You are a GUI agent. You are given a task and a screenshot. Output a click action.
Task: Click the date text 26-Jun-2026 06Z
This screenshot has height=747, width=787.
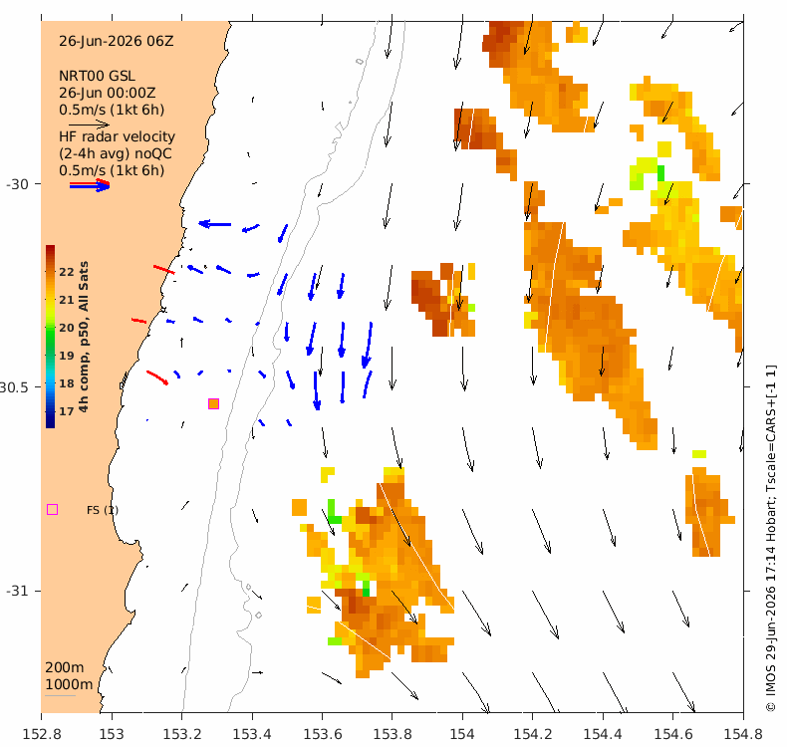coord(116,41)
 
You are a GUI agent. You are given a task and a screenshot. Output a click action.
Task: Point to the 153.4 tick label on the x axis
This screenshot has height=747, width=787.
coord(252,734)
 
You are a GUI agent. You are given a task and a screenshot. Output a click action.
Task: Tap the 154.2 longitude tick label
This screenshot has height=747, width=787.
coord(533,734)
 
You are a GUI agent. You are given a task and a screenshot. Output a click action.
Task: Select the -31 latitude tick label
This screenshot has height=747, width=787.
coord(17,591)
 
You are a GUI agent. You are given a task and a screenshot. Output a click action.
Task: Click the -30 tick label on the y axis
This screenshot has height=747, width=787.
coord(17,184)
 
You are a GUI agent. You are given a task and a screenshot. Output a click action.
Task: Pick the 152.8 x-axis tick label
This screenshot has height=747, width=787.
coord(42,734)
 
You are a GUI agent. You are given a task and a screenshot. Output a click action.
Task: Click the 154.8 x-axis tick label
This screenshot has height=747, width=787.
coord(743,734)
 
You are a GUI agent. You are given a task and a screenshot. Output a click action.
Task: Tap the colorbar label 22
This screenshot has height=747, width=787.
coord(67,272)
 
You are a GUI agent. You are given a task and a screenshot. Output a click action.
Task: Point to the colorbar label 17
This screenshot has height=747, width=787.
coord(67,411)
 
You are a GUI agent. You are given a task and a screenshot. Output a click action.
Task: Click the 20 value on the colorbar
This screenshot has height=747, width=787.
coord(67,328)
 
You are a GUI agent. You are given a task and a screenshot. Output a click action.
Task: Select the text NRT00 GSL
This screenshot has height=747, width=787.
coord(97,77)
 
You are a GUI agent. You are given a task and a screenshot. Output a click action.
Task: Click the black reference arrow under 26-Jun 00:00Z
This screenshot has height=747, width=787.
coord(89,124)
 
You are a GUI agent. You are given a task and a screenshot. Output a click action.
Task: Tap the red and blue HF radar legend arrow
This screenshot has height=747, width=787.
coord(90,185)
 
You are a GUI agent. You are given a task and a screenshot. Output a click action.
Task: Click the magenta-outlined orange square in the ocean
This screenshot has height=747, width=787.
coord(213,403)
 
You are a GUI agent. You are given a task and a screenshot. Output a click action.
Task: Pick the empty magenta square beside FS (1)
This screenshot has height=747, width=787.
coord(52,510)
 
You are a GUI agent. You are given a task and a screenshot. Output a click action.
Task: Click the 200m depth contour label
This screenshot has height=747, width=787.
coord(64,667)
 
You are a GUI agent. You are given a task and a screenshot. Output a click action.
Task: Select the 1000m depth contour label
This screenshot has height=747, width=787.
coord(69,685)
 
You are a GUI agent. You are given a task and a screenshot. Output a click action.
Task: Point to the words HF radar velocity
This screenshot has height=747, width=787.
coord(117,137)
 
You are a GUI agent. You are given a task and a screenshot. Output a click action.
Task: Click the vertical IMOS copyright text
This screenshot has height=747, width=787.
coord(770,538)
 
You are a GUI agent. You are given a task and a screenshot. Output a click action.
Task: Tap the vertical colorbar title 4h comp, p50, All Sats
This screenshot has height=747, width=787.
coord(84,337)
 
